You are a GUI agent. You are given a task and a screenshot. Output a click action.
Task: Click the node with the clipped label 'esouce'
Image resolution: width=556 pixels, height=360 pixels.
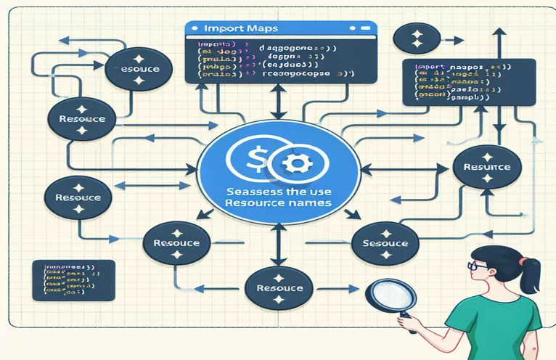click(137, 72)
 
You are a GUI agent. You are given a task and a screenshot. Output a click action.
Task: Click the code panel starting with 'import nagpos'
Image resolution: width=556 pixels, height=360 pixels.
click(468, 82)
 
